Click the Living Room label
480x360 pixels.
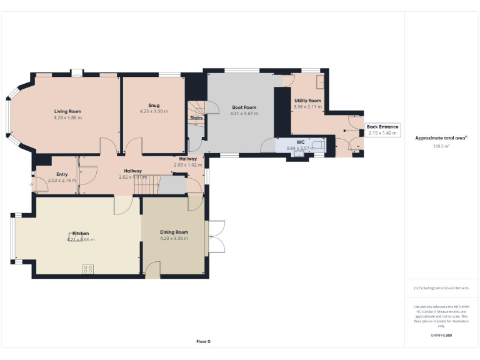[68, 111]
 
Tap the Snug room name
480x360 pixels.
[153, 105]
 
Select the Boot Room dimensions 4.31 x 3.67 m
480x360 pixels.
[243, 114]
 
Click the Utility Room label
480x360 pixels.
[307, 100]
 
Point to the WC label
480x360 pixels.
[300, 142]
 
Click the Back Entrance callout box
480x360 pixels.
[382, 130]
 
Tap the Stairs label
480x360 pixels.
[196, 117]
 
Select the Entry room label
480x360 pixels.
[62, 174]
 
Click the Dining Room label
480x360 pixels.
[174, 232]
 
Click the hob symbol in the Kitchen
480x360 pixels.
[88, 269]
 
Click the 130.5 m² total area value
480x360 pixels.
[441, 146]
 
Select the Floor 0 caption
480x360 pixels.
[203, 341]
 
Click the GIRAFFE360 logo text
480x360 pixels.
[441, 336]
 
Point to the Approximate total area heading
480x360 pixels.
[441, 138]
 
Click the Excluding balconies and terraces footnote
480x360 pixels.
[441, 287]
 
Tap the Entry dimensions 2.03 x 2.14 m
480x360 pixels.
[62, 180]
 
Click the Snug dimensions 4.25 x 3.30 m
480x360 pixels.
[153, 111]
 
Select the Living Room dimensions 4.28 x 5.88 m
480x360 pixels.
[68, 117]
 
